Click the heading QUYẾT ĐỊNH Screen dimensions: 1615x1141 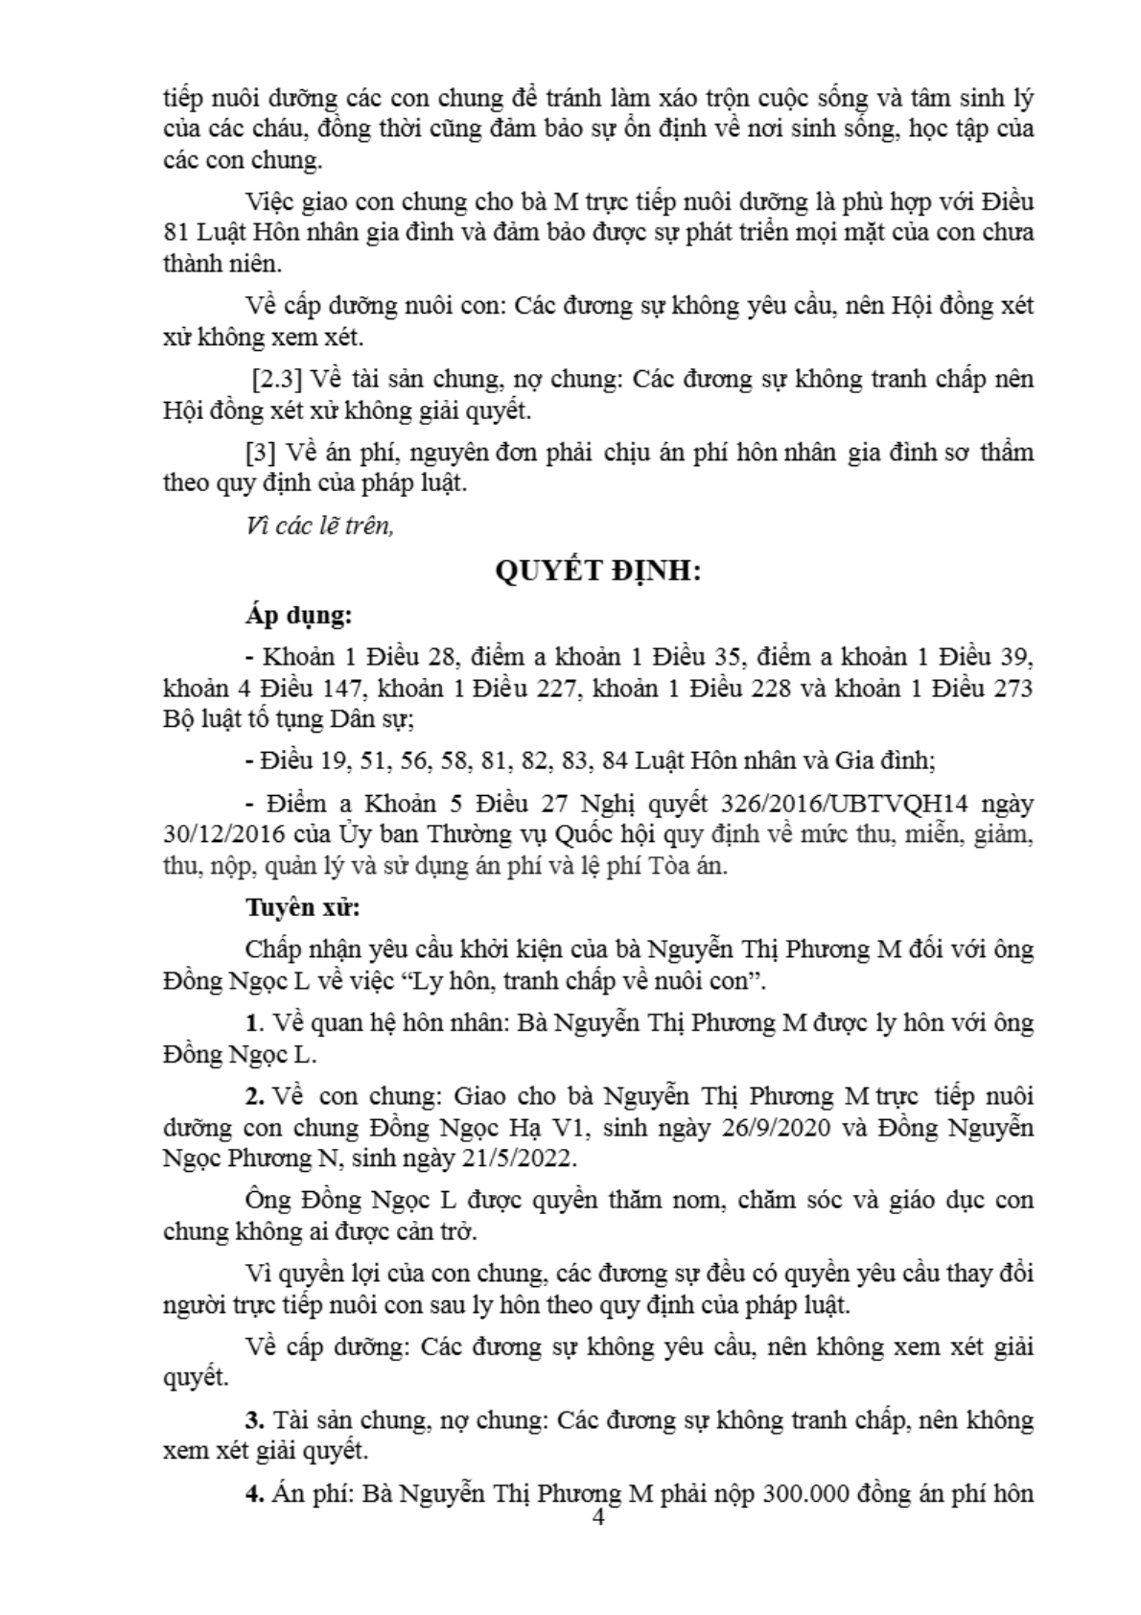pos(598,572)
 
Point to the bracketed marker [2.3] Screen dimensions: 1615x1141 pos(277,380)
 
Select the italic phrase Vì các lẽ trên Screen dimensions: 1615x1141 pos(319,527)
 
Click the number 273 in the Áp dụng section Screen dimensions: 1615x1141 pos(1011,690)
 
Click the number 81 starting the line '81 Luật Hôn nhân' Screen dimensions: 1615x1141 pos(177,233)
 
